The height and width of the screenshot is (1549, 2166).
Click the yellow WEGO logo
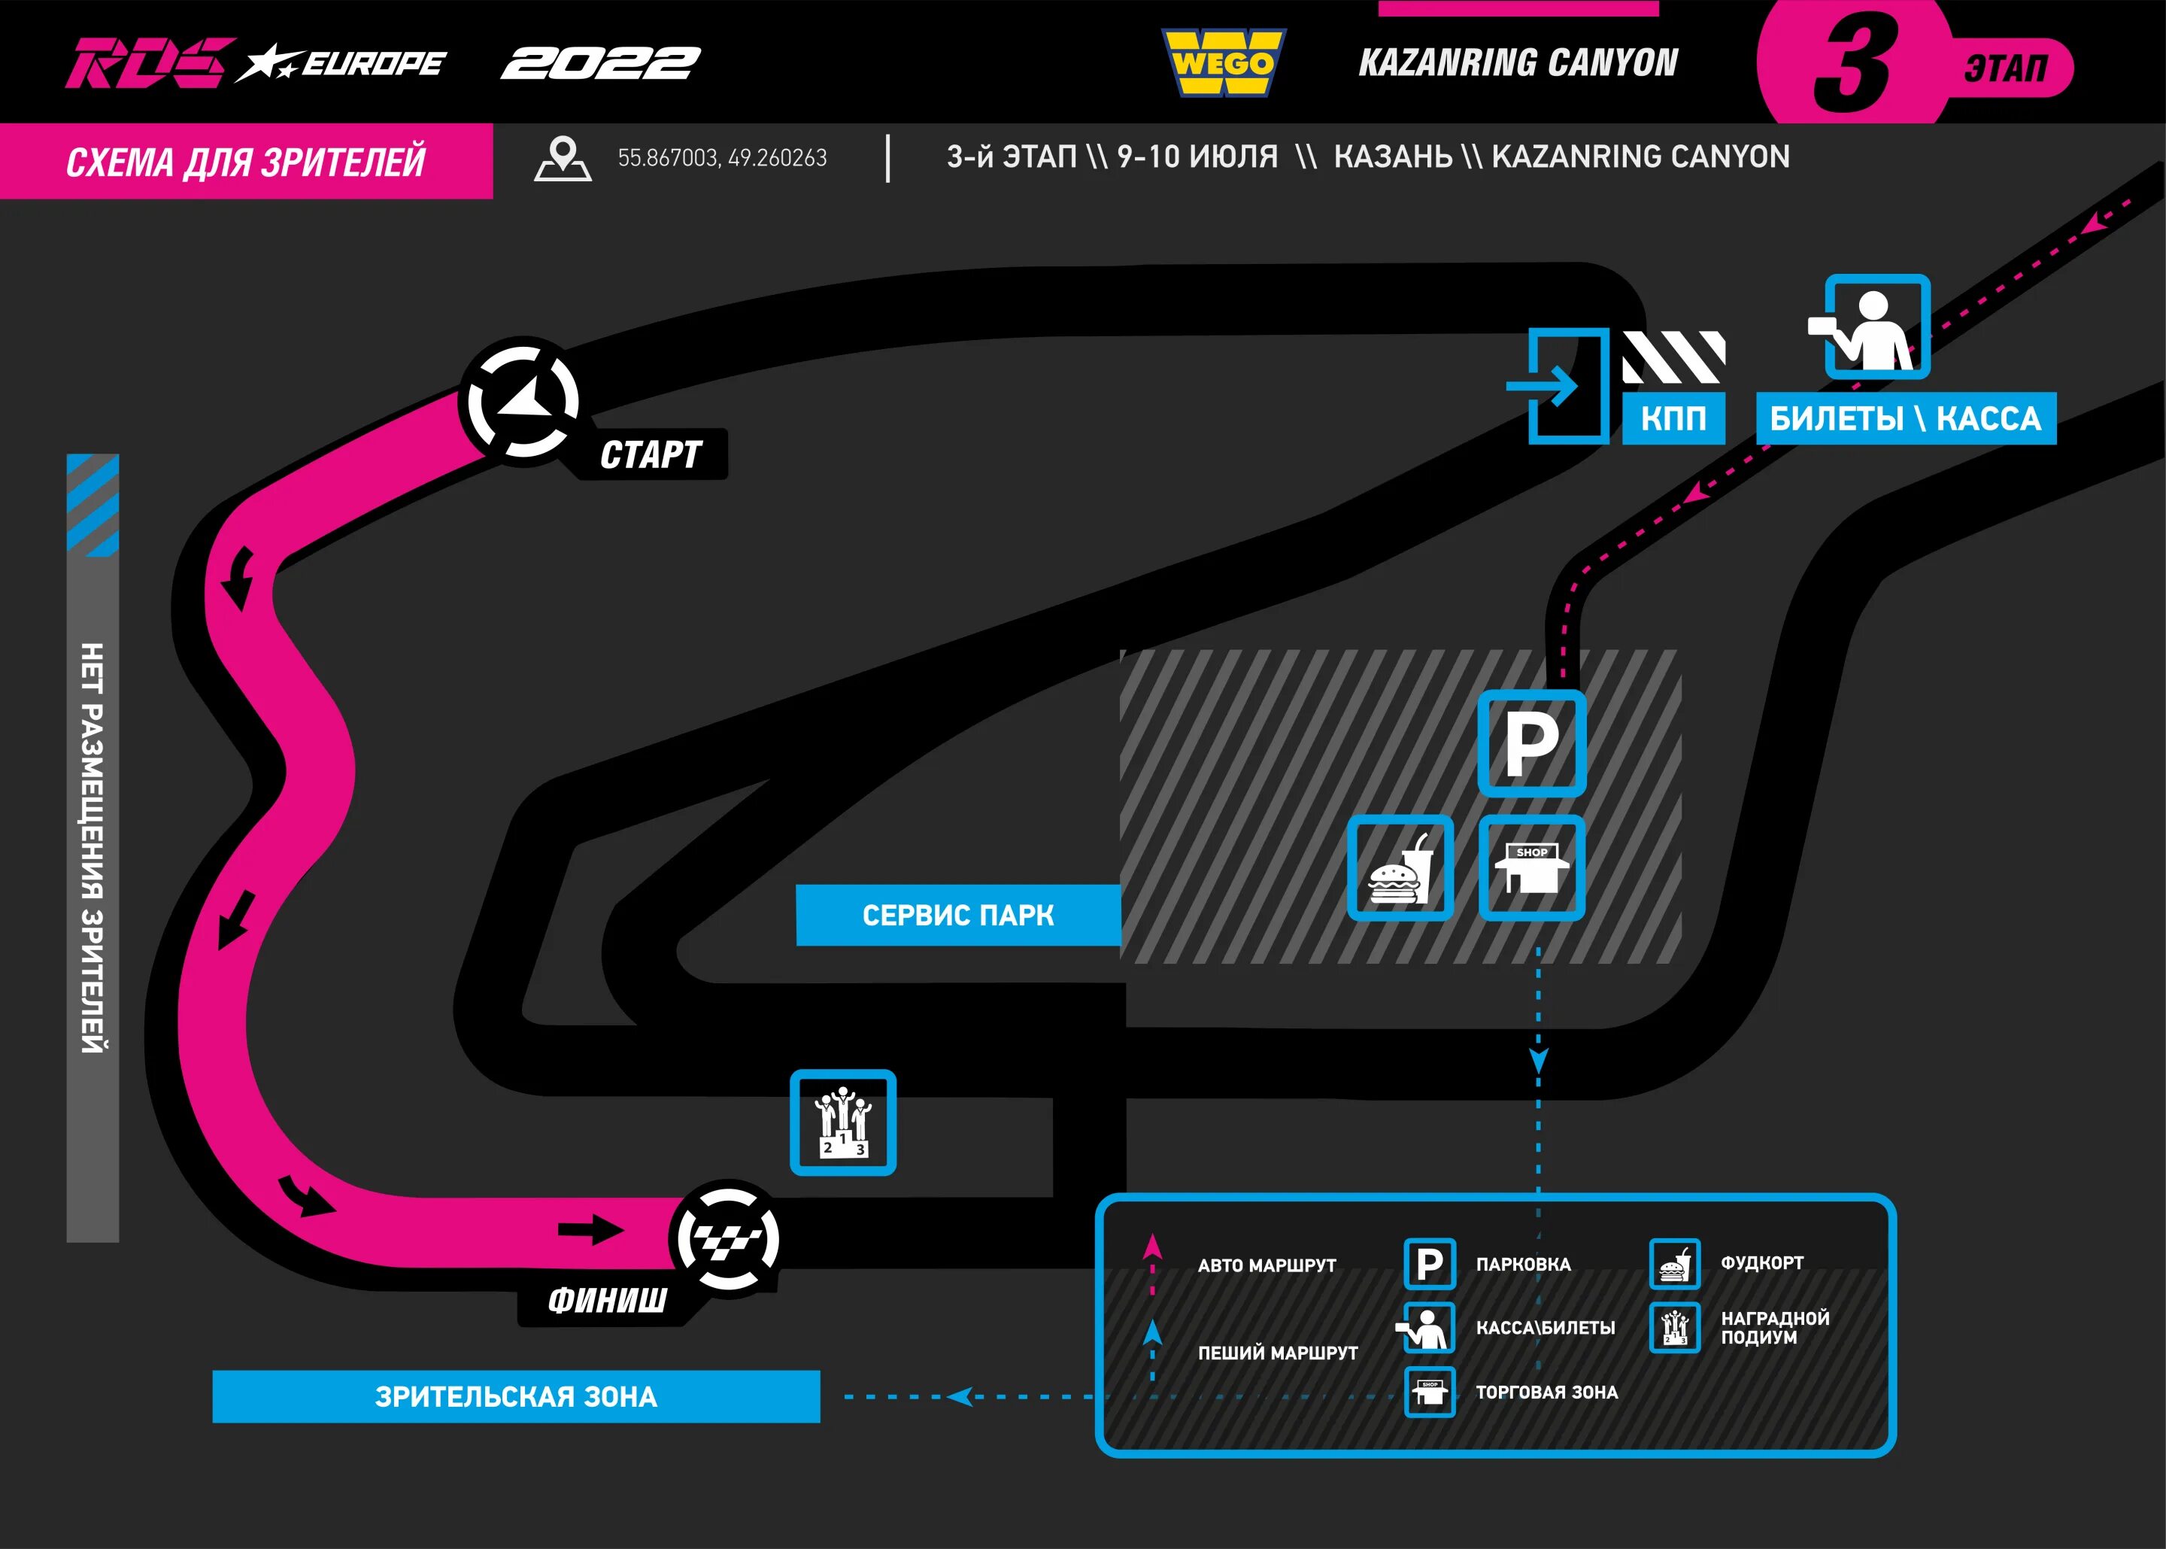(1223, 63)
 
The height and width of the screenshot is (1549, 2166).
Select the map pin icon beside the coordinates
(563, 157)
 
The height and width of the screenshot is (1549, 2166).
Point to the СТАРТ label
(651, 455)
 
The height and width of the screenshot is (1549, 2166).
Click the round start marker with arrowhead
(523, 402)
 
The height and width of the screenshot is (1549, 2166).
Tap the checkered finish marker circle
(727, 1239)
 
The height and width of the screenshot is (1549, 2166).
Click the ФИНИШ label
(607, 1300)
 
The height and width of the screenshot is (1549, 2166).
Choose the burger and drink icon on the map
(1400, 868)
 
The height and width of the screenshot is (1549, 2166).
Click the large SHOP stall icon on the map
(1531, 868)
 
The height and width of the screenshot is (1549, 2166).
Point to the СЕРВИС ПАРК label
(957, 916)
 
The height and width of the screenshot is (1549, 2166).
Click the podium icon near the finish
(843, 1122)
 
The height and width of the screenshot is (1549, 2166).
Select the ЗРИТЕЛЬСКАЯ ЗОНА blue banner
(516, 1397)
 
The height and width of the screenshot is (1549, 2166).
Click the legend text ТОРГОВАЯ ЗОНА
(1546, 1393)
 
